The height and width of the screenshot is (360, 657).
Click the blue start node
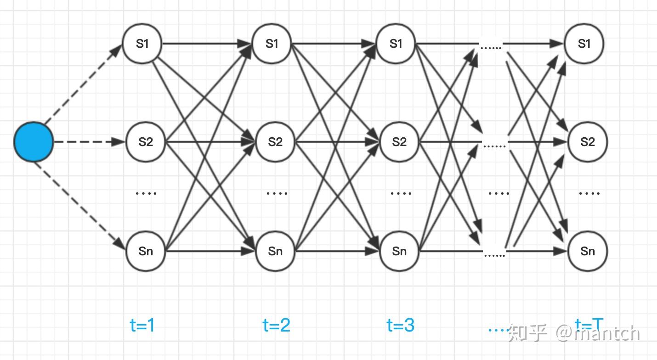coord(34,142)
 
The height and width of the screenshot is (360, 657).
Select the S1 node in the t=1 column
coord(142,44)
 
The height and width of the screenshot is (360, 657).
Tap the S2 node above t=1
coord(146,142)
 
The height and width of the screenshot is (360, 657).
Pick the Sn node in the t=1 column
coord(146,251)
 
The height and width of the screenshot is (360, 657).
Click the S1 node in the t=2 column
coord(272,44)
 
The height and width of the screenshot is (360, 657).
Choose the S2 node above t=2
coord(275,142)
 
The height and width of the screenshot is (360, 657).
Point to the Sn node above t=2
coord(275,251)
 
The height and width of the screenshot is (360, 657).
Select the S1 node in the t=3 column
coord(396,44)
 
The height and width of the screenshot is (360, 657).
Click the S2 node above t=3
coord(399,142)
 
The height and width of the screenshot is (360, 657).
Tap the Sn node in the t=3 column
coord(399,251)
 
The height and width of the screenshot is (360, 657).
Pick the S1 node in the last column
coord(584,44)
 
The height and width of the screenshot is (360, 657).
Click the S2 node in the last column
coord(588,142)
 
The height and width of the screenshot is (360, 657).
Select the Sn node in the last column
coord(588,251)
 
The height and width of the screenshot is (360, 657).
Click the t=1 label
coord(142,326)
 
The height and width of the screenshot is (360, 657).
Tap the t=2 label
coord(276,326)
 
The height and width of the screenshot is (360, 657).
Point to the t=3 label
coord(401,326)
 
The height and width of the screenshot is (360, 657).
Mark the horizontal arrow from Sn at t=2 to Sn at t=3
coord(338,251)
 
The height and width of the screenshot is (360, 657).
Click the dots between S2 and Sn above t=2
coord(278,193)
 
